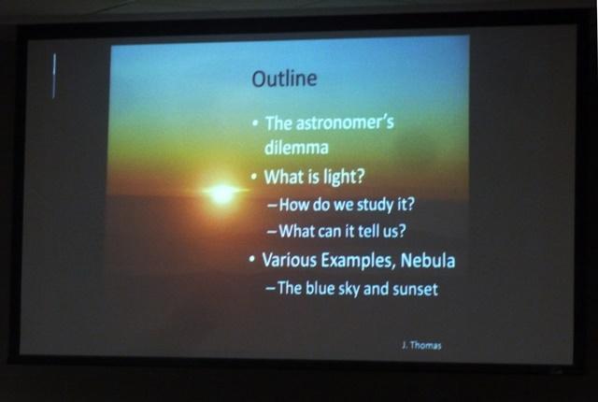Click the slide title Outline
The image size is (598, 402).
284,79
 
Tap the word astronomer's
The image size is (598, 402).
345,122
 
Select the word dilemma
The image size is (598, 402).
296,148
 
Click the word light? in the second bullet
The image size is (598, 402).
344,177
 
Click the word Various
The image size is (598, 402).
289,260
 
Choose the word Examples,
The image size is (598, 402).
358,261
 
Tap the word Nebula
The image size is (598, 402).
428,261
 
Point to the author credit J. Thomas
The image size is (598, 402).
421,345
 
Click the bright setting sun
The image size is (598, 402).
222,193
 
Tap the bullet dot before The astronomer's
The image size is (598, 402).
255,123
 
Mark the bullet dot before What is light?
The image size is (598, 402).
254,178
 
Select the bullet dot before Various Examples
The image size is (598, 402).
251,260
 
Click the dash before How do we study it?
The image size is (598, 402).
272,206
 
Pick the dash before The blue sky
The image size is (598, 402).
270,289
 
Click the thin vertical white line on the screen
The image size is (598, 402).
54,76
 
